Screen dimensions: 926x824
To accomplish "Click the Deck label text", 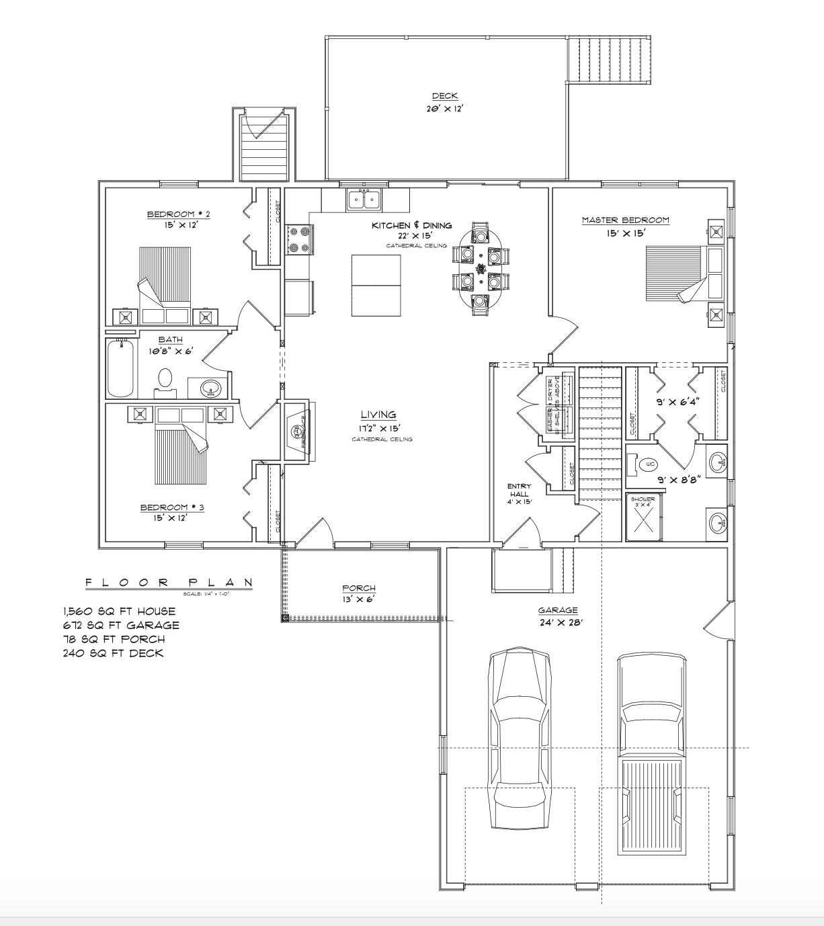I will click(x=445, y=97).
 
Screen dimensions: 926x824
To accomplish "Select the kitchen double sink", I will click(x=363, y=200).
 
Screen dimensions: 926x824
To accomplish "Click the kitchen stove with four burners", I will click(x=300, y=240).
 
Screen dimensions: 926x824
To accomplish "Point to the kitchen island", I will click(x=376, y=285).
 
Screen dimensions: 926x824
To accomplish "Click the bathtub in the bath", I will click(x=120, y=369).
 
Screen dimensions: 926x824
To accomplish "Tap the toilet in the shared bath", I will click(x=165, y=380).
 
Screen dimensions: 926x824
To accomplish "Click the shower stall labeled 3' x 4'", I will click(x=645, y=517).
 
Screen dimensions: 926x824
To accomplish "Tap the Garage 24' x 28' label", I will click(x=557, y=610).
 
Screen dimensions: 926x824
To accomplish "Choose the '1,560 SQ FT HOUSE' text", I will click(x=119, y=612).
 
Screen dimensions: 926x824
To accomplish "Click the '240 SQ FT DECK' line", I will click(x=113, y=653).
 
